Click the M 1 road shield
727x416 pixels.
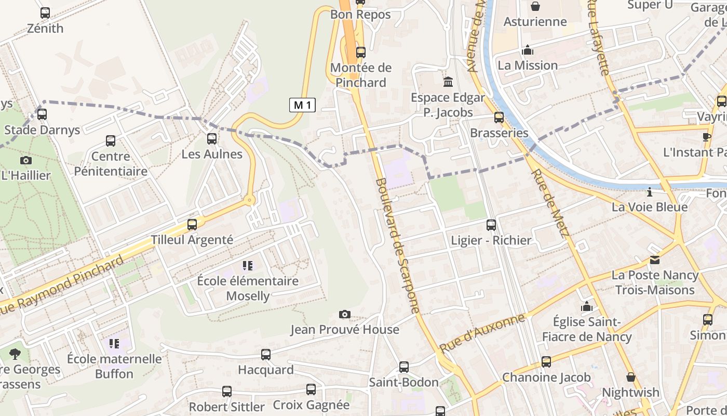[302, 105]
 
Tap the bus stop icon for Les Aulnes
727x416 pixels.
[212, 139]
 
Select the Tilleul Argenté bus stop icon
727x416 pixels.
[192, 225]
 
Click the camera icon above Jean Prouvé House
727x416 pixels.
[344, 314]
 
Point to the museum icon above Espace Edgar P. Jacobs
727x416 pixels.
[448, 82]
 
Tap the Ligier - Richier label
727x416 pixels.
[491, 240]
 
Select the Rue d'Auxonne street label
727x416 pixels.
[482, 333]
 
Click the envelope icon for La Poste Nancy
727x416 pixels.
[654, 259]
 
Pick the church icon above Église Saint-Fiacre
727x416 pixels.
[587, 306]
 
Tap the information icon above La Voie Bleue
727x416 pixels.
[649, 192]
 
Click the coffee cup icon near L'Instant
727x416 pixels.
[706, 137]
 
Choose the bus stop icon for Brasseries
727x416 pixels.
[499, 118]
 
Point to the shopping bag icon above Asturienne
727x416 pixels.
[535, 6]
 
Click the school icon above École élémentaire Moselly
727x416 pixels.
[248, 266]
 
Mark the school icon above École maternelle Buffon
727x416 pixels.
[114, 343]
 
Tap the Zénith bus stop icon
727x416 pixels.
[45, 13]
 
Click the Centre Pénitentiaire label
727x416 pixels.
[111, 164]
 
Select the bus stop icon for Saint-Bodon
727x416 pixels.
[404, 367]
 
